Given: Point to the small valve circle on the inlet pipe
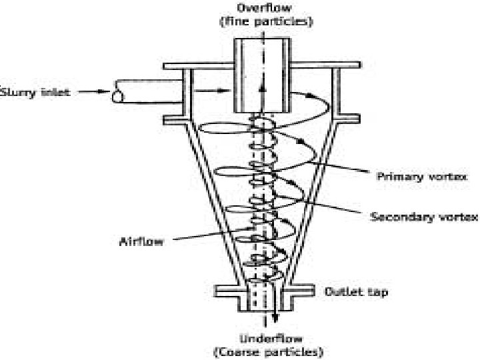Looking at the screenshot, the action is pos(118,97).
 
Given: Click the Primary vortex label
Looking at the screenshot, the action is pos(416,177).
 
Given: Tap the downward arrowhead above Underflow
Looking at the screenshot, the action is pos(275,322).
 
